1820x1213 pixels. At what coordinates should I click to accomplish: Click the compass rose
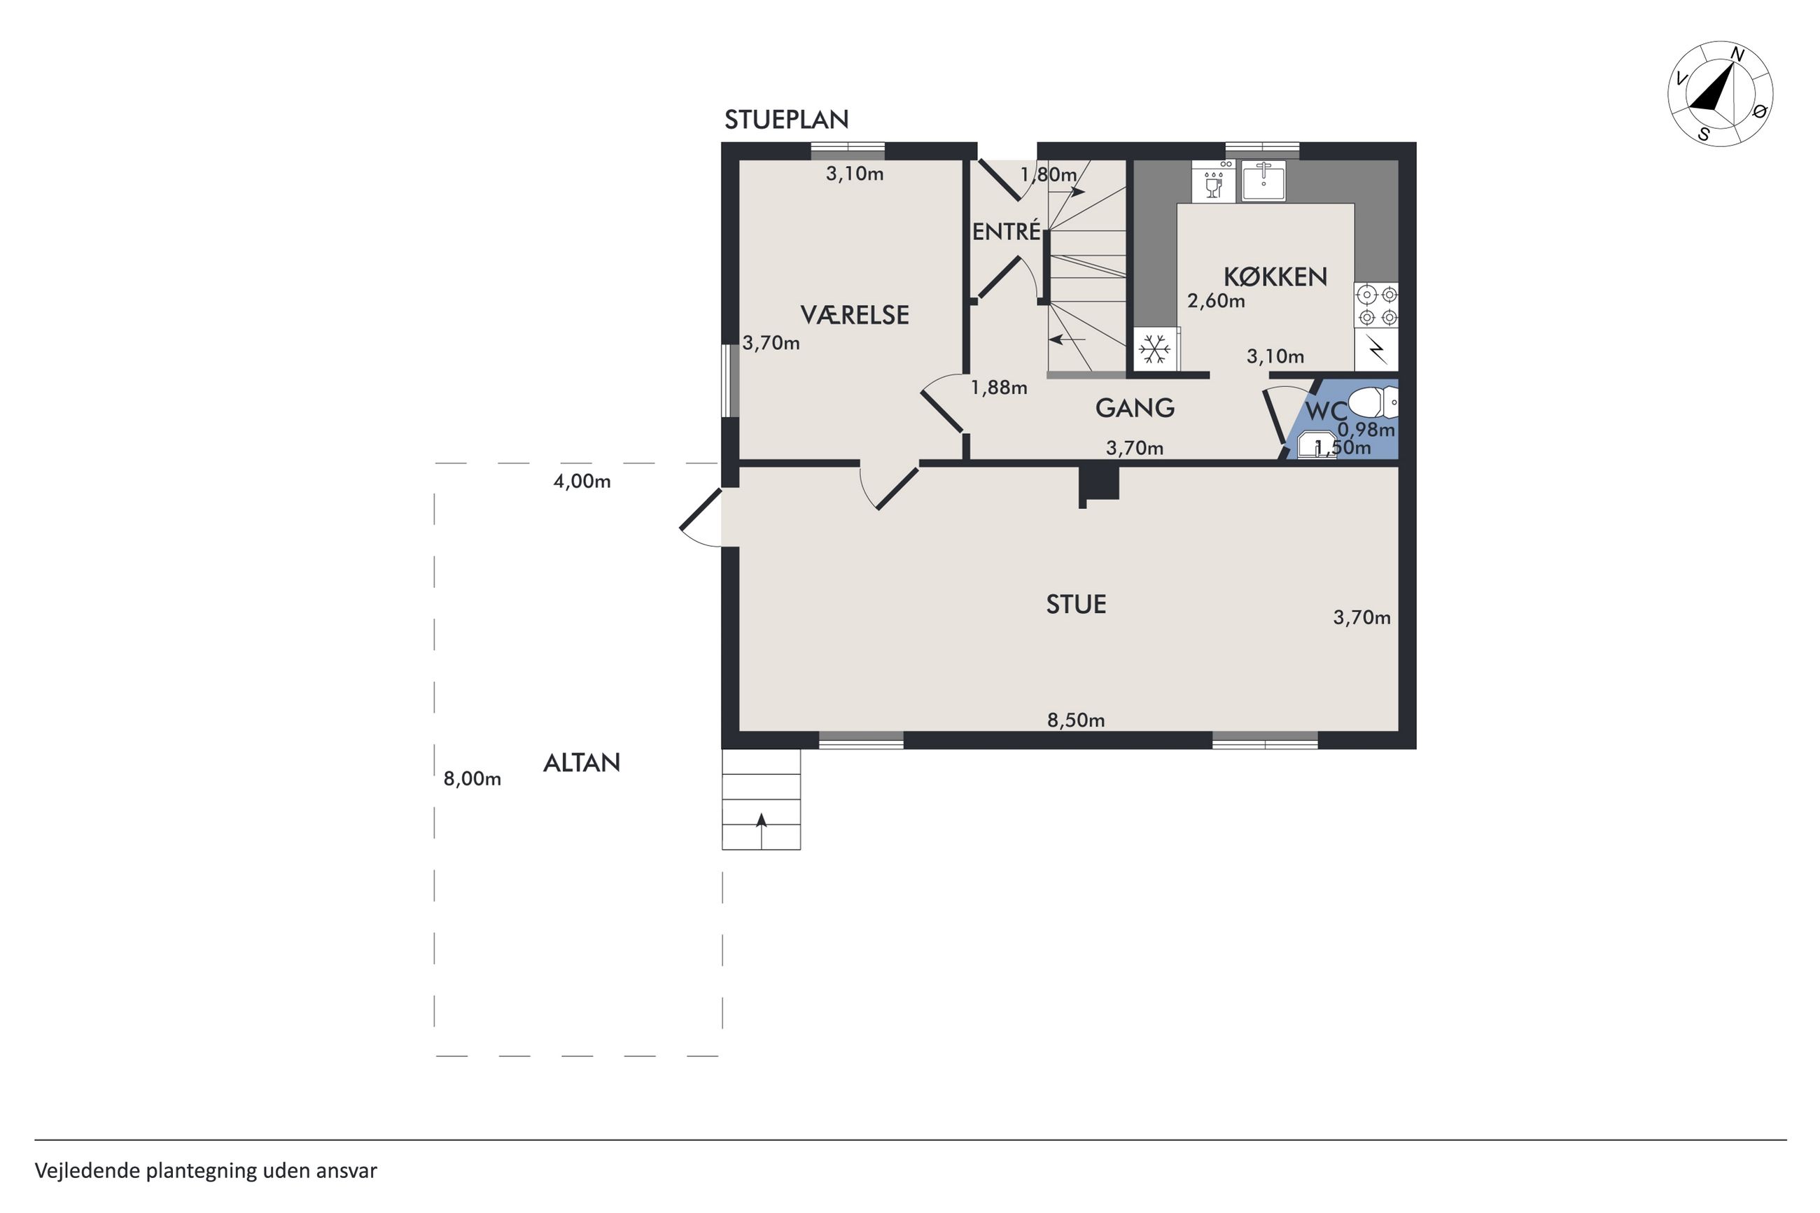pos(1719,93)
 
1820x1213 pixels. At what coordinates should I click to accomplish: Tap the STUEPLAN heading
pos(786,119)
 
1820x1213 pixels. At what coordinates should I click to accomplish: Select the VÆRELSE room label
pos(854,315)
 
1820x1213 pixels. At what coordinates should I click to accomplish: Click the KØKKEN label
pos(1275,276)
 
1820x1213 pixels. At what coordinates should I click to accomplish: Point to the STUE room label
pos(1076,604)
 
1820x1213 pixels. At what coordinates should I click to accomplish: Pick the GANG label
pos(1135,407)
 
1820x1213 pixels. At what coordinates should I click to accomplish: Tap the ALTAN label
pos(582,764)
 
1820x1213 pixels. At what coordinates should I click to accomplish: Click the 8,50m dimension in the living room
pos(1076,720)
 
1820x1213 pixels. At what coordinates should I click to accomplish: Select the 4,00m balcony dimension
pos(582,481)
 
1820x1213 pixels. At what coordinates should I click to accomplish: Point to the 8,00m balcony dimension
pos(472,778)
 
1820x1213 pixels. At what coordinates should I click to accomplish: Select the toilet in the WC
pos(1373,402)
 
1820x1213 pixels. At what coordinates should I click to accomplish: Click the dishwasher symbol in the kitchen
pos(1214,181)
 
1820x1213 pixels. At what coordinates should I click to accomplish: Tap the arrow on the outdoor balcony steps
pos(762,831)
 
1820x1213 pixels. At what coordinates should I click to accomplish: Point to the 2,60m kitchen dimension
pos(1216,301)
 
